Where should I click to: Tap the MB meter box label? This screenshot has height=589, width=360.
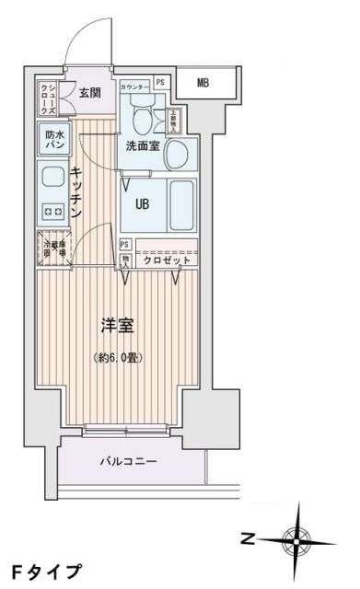(203, 84)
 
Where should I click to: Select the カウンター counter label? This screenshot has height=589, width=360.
(134, 83)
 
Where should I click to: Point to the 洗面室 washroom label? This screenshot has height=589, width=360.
(144, 144)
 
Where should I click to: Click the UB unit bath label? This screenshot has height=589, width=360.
(144, 203)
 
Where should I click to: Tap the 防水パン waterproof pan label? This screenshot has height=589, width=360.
(53, 140)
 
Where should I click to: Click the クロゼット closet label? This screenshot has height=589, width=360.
(167, 260)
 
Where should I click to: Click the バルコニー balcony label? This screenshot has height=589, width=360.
(128, 460)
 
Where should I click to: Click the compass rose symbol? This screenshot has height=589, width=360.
(299, 537)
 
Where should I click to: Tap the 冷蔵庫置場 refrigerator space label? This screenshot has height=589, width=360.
(52, 249)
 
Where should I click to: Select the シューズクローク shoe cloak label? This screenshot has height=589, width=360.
(48, 97)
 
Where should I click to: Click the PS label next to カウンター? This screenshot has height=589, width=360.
(161, 83)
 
